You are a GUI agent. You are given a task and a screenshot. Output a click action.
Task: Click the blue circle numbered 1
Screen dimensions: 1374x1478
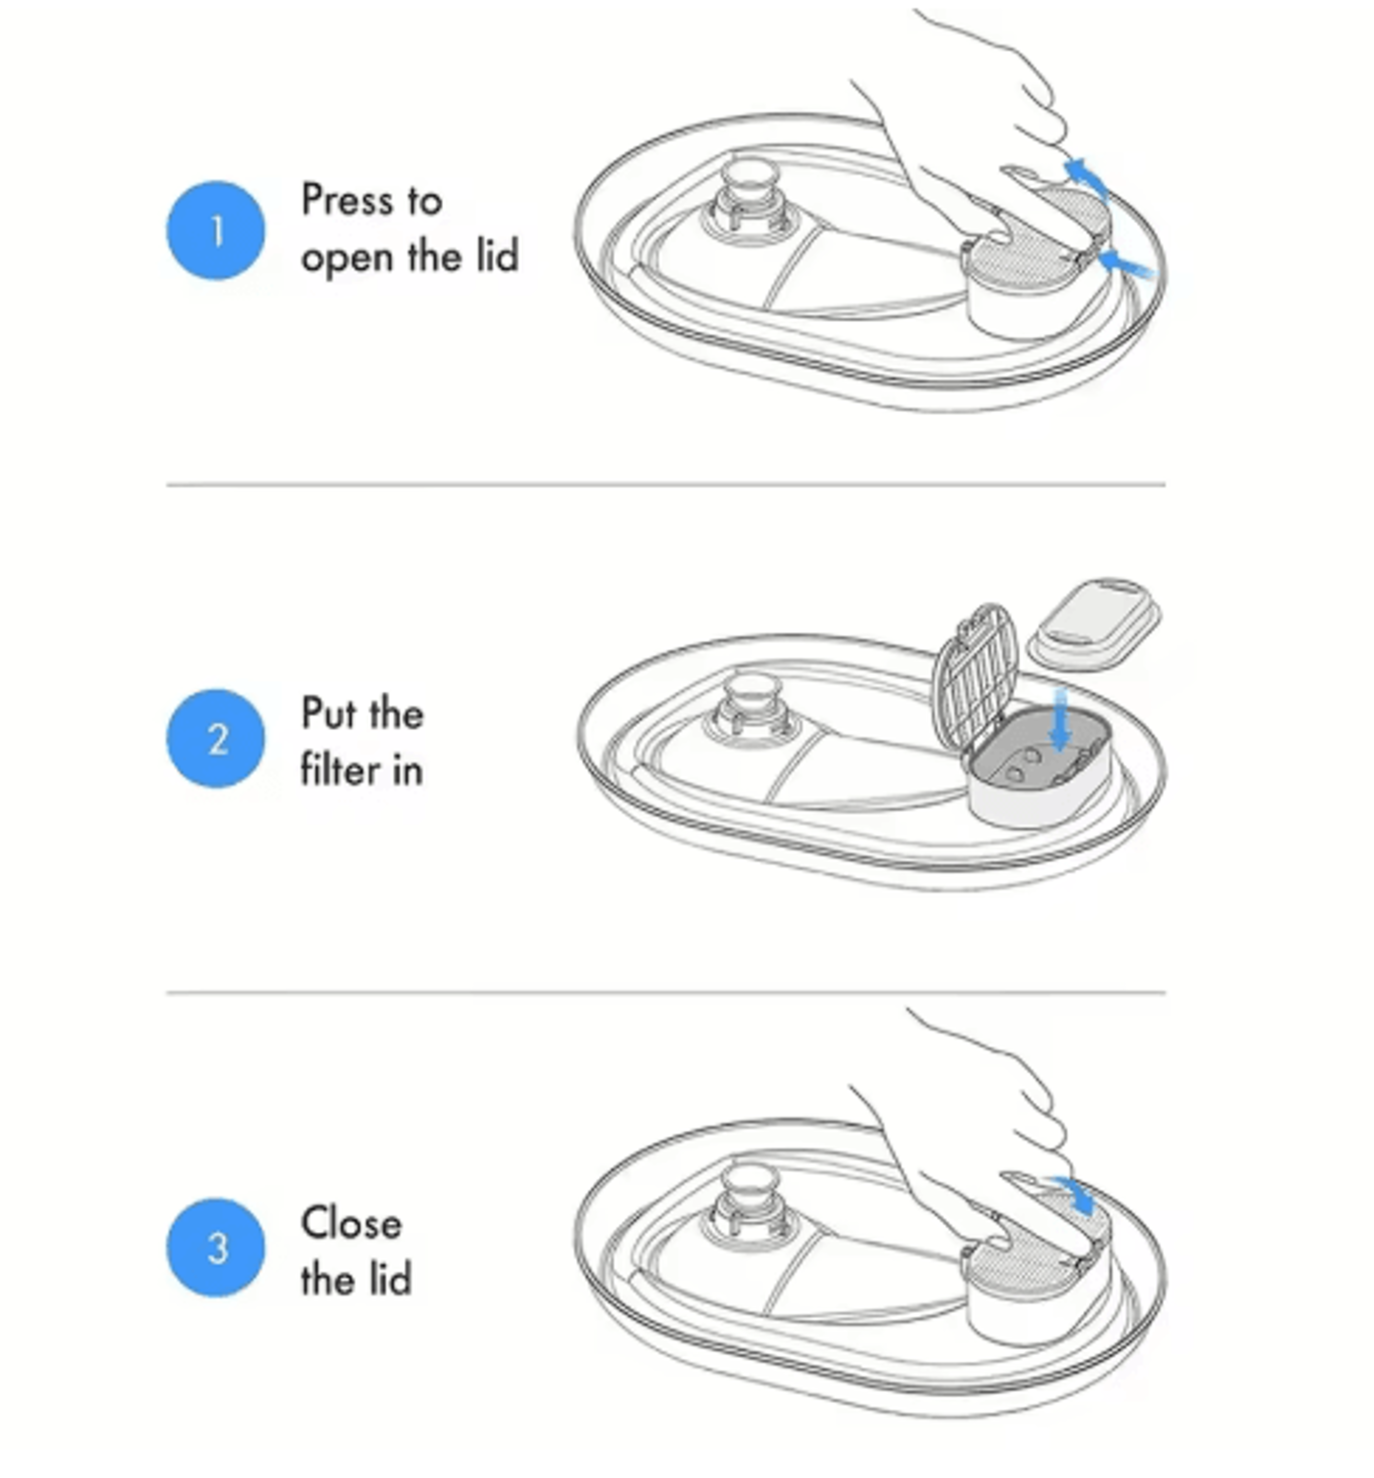point(216,230)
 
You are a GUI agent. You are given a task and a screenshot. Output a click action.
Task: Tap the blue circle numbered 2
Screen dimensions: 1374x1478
point(216,738)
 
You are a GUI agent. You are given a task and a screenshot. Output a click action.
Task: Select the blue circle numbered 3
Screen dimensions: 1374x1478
point(216,1248)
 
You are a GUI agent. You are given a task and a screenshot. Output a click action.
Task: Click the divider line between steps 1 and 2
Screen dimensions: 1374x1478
point(666,484)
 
